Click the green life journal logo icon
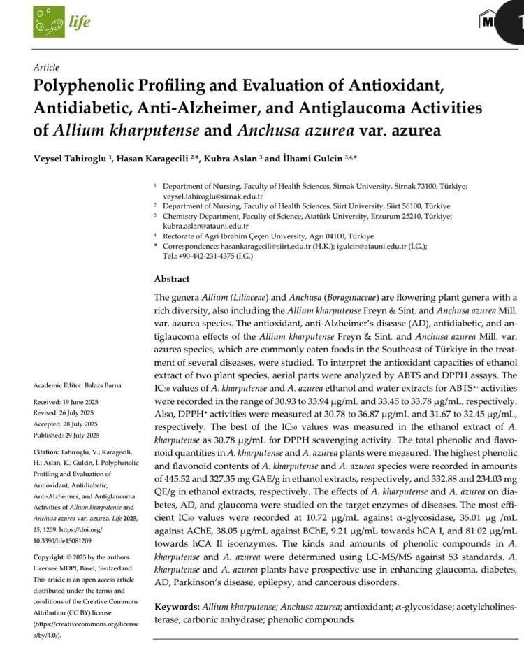49,22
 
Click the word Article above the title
46,67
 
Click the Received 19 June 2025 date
66,403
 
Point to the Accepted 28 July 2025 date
66,424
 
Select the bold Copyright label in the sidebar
50,557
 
